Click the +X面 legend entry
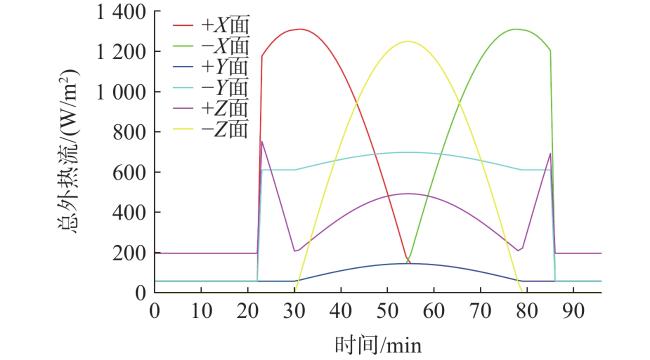coord(211,26)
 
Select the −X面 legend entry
coord(211,46)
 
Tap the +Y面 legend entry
coord(211,67)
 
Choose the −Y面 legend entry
coord(211,88)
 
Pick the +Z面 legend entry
coord(211,108)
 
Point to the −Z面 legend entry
coord(211,129)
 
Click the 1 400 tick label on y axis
coord(121,12)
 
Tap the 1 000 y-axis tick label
coord(121,92)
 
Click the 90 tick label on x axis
coord(573,311)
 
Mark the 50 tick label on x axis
coord(387,311)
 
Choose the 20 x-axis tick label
coord(248,311)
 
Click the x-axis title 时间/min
coord(378,345)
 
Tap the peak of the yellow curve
coord(408,41)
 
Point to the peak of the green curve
coord(515,29)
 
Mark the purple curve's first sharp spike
coord(262,141)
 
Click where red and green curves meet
coord(408,258)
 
